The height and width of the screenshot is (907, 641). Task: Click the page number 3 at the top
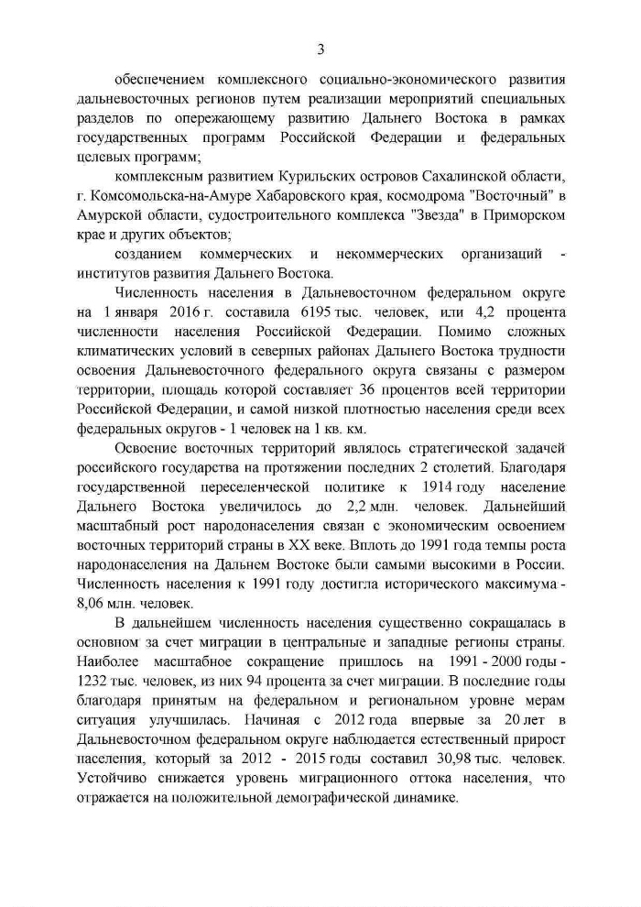pyautogui.click(x=320, y=49)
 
